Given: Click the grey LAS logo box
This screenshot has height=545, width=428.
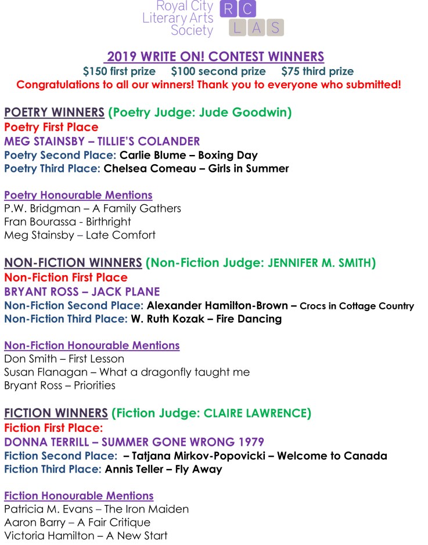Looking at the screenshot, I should tap(256, 27).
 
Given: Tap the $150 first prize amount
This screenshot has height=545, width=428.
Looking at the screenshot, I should tap(119, 71).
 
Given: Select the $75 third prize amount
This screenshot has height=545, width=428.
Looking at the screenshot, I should tap(317, 71).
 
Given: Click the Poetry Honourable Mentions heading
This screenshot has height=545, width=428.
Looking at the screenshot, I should tap(78, 195).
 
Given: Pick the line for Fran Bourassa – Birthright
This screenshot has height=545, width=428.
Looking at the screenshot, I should tap(67, 222).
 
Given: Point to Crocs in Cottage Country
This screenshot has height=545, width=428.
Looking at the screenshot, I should tap(357, 306).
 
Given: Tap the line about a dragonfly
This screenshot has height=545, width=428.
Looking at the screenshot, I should tap(127, 372).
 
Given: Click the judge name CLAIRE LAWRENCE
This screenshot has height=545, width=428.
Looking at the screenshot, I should tap(256, 414).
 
